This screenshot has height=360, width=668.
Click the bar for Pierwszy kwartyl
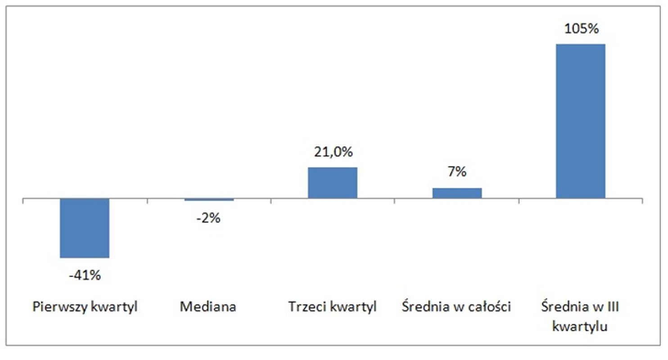85,228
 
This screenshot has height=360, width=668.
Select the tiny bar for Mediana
208,199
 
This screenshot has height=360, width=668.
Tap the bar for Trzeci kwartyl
332,183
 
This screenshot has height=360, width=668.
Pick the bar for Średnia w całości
457,193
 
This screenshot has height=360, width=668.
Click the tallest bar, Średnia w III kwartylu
581,121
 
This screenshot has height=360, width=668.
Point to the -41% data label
85,274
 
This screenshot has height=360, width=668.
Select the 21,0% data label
332,152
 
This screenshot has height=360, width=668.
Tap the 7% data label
457,172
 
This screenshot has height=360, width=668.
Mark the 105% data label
581,29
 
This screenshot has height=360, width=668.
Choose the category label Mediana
208,307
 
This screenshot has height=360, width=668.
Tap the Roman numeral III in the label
613,307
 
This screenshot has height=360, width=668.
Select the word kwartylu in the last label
581,326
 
